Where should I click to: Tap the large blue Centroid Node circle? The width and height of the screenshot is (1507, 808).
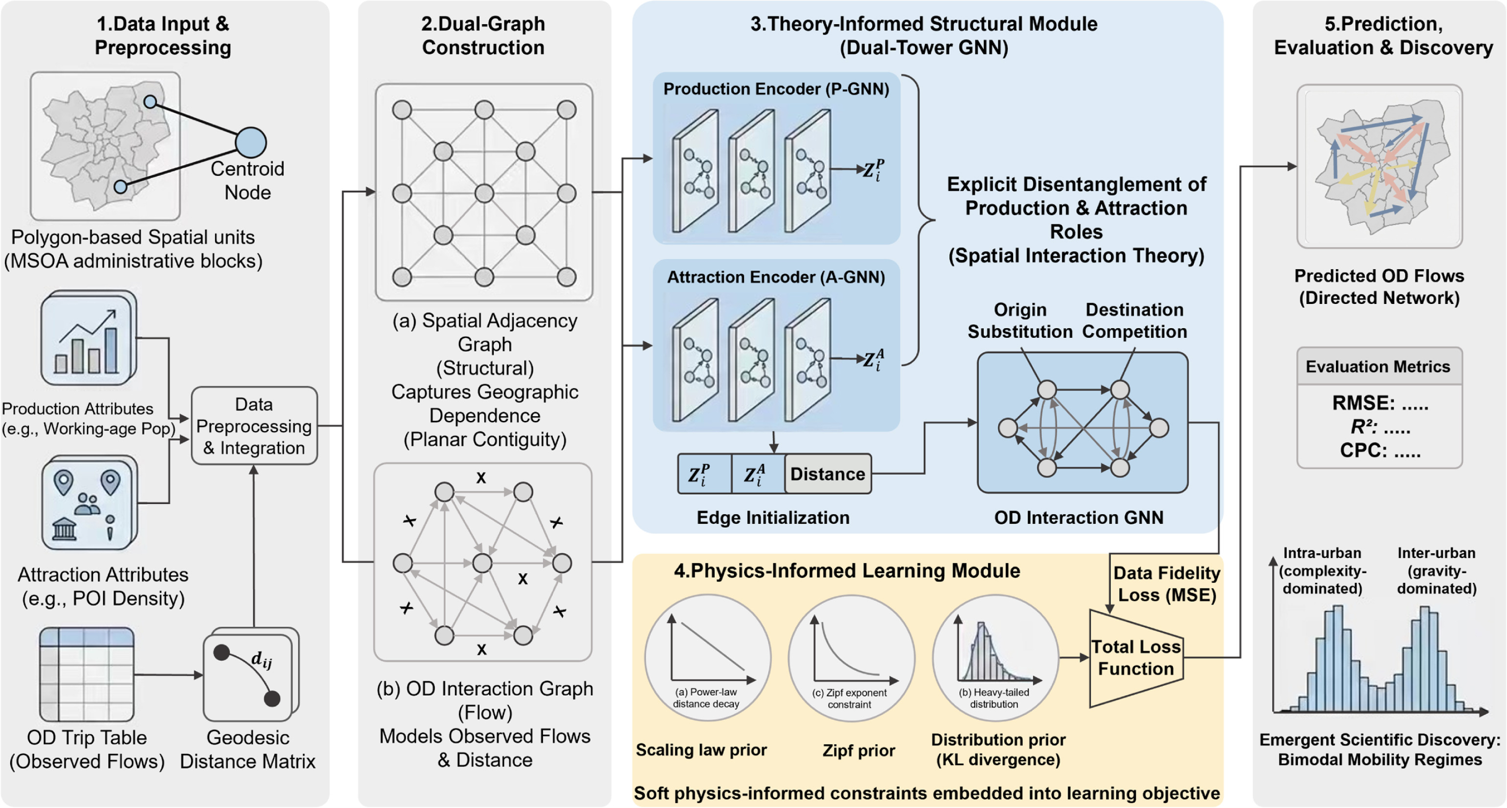pos(251,142)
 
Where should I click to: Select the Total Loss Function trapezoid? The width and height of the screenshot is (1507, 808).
pos(1136,658)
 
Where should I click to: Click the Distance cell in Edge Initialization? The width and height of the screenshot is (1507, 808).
pos(828,474)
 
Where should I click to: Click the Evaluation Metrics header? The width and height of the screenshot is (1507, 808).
pos(1379,366)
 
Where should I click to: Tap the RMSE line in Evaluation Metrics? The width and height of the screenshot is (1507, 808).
pos(1380,403)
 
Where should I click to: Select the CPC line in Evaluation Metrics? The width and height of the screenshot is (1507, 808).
pos(1380,451)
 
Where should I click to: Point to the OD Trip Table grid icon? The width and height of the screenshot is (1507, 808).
pos(87,674)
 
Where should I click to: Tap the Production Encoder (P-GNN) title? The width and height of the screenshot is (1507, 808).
pos(776,89)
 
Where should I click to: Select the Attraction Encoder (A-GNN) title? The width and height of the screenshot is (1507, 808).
pos(776,277)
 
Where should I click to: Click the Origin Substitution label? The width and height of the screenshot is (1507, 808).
pos(1020,321)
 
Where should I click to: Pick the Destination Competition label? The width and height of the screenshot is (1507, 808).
pos(1135,321)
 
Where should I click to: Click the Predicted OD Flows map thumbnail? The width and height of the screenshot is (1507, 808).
pos(1379,166)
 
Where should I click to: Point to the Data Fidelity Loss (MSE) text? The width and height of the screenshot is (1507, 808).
pos(1166,584)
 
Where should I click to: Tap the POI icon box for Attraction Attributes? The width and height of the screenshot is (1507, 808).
pos(89,503)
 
